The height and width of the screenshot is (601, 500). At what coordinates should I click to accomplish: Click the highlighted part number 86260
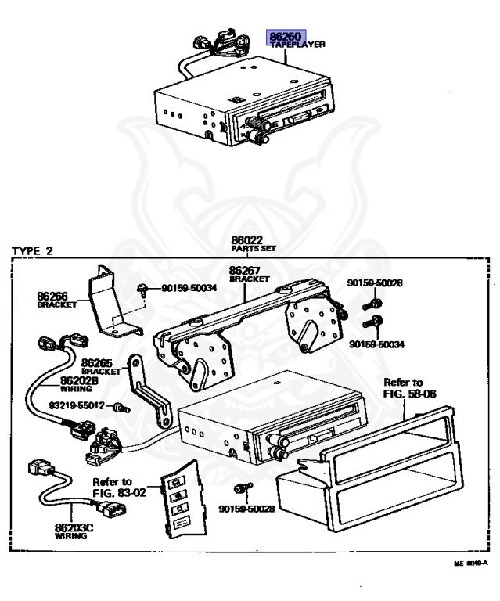click(286, 36)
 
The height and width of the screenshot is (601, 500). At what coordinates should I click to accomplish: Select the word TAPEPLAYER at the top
click(298, 45)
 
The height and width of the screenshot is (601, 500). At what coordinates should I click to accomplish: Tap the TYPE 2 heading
click(33, 251)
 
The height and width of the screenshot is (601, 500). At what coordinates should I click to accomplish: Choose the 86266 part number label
click(52, 296)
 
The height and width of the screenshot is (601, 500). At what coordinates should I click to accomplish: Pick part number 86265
click(98, 363)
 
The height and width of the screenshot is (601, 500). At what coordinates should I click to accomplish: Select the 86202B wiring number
click(79, 380)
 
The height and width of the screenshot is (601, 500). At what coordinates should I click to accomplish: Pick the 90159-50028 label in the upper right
click(376, 283)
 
